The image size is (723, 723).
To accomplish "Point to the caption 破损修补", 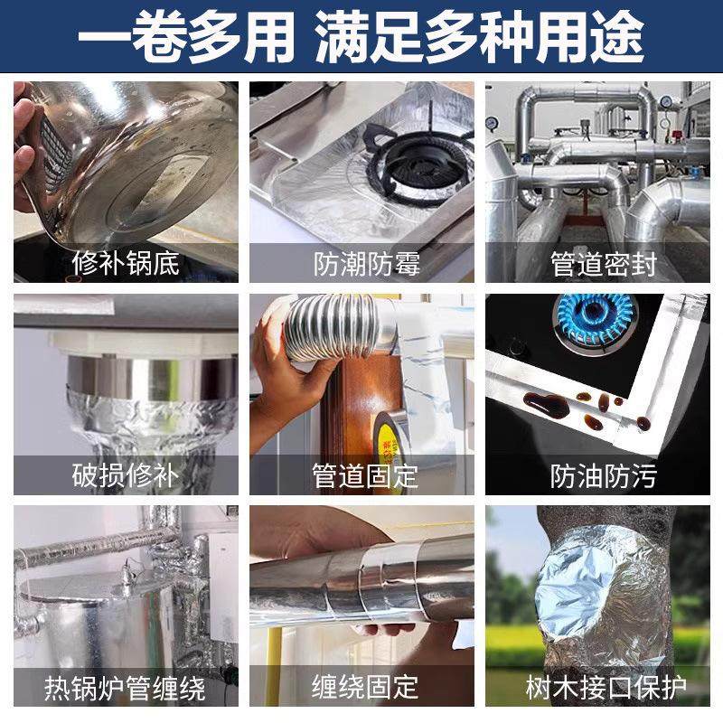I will click(126, 475).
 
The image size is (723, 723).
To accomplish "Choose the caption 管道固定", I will click(361, 475).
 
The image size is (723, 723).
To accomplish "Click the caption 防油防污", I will click(597, 475).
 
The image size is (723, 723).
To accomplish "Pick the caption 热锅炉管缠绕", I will click(126, 689).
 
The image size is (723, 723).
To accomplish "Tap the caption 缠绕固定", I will click(361, 689).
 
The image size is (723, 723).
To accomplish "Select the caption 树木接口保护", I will click(597, 689).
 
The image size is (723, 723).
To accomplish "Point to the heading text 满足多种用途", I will click(479, 38).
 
